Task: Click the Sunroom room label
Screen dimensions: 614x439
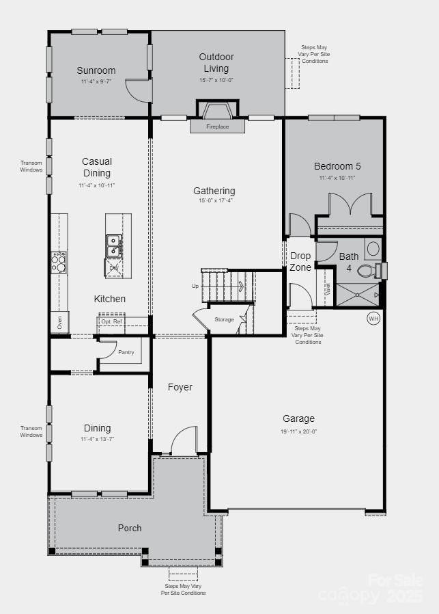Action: click(x=96, y=70)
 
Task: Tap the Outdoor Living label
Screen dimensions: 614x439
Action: click(x=216, y=62)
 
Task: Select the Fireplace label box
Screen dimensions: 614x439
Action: click(x=218, y=126)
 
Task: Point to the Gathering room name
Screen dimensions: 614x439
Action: click(x=214, y=191)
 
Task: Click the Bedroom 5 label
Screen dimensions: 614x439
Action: click(x=337, y=166)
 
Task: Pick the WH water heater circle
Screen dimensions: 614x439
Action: click(x=373, y=318)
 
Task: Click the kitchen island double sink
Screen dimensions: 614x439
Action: click(x=114, y=241)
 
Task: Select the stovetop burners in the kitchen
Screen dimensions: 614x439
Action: click(x=59, y=259)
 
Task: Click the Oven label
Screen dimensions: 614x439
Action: click(x=59, y=322)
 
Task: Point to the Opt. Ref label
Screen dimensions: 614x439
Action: click(x=112, y=321)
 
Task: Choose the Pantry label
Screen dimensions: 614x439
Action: click(x=126, y=352)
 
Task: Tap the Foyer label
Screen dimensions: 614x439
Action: click(x=180, y=387)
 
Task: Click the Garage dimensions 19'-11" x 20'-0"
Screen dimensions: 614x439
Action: click(x=298, y=431)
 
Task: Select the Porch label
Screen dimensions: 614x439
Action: click(x=130, y=528)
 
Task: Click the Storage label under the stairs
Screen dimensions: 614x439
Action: click(x=224, y=319)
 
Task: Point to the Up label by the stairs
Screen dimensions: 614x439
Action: click(x=195, y=286)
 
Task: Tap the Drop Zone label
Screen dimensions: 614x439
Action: click(x=300, y=261)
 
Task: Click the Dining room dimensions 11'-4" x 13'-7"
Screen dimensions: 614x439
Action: click(x=96, y=439)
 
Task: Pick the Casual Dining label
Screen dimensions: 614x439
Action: click(x=96, y=168)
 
